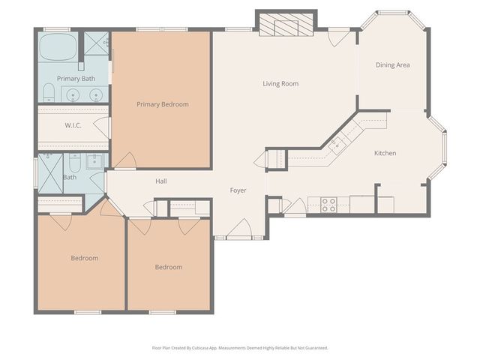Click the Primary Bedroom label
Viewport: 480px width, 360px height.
click(162, 104)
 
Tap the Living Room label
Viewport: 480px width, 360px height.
click(280, 83)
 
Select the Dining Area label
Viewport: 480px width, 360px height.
click(392, 65)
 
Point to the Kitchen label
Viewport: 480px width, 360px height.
click(385, 153)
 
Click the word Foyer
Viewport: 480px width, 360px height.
click(238, 190)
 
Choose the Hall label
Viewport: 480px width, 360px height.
click(161, 181)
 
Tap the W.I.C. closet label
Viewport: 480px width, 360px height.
click(73, 125)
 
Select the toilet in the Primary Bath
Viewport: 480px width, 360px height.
click(48, 94)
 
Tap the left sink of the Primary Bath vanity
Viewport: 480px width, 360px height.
click(73, 95)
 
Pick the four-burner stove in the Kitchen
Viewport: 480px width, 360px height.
click(328, 205)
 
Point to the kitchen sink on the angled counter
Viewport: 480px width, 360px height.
click(337, 142)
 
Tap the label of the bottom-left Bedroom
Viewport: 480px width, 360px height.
click(84, 258)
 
